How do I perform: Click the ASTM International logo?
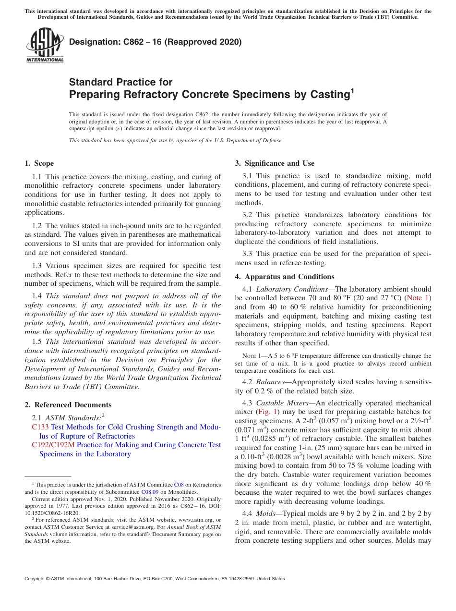[x=45, y=46]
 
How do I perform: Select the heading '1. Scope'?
[x=39, y=163]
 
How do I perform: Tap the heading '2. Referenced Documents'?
[x=68, y=405]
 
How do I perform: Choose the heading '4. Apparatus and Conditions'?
[x=285, y=277]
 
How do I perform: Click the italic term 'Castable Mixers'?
[x=282, y=403]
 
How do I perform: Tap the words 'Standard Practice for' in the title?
[x=120, y=82]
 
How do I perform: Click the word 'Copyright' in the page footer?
[x=36, y=579]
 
